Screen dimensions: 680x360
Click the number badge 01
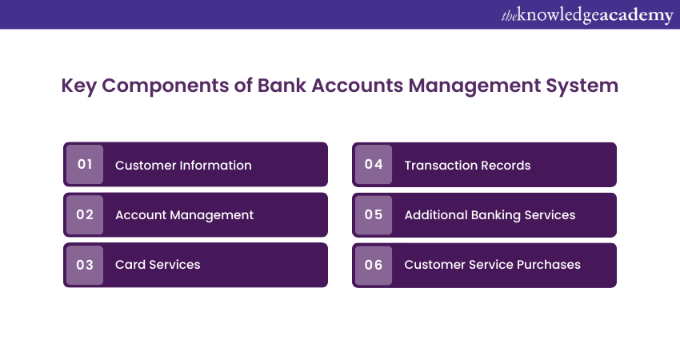click(x=85, y=164)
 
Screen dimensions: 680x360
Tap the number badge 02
click(x=85, y=214)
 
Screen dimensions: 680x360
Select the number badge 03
click(x=85, y=265)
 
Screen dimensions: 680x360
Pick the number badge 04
click(x=374, y=164)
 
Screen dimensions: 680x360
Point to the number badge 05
click(x=374, y=214)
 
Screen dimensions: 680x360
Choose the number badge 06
click(x=374, y=265)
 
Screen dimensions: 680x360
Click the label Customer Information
click(x=183, y=166)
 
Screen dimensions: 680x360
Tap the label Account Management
click(x=184, y=215)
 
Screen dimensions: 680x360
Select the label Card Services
click(x=158, y=265)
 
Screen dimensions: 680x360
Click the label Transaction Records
click(x=467, y=166)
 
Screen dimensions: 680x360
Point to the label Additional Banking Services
click(x=490, y=215)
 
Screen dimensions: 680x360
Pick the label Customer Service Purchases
click(x=492, y=265)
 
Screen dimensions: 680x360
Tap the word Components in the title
click(x=166, y=86)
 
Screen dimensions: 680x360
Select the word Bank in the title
click(x=282, y=86)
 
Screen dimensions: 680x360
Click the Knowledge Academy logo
click(x=587, y=15)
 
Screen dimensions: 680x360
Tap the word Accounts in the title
click(x=358, y=86)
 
